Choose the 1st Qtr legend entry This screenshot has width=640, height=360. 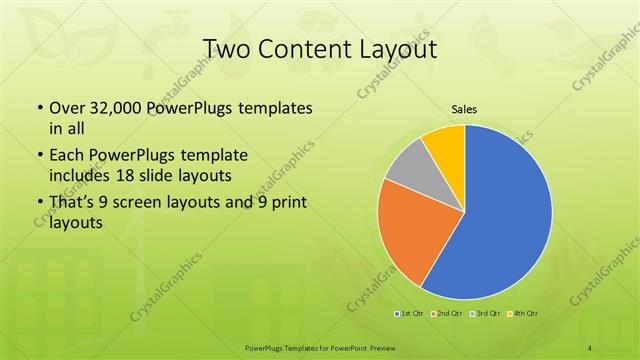[x=409, y=314]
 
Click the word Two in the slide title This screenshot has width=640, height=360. [x=226, y=49]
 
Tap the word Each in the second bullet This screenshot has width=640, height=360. [x=65, y=157]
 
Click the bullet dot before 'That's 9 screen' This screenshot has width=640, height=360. [x=39, y=206]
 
